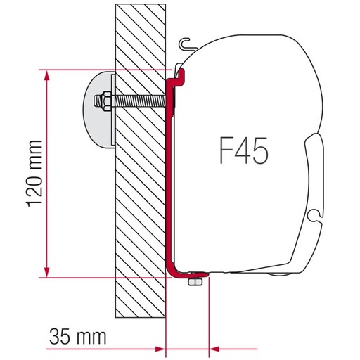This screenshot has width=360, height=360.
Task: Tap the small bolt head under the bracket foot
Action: click(x=193, y=282)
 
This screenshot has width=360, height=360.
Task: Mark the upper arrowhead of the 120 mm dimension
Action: click(x=47, y=75)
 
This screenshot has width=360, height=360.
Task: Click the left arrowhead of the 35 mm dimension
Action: click(x=157, y=328)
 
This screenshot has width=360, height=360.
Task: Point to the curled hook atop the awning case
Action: click(x=184, y=45)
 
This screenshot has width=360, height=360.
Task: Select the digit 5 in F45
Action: click(x=260, y=151)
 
